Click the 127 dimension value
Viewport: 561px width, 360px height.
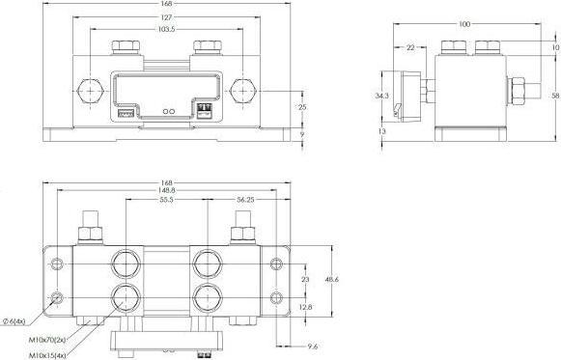click(x=166, y=17)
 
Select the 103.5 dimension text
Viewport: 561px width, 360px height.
click(x=166, y=29)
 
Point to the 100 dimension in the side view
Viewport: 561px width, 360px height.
click(x=464, y=24)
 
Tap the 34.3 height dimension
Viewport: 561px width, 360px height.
click(x=381, y=96)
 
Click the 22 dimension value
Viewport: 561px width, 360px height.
click(x=410, y=47)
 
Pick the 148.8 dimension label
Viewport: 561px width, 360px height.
click(x=166, y=190)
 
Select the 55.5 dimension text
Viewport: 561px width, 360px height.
click(x=166, y=200)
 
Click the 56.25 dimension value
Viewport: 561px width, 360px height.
click(x=245, y=200)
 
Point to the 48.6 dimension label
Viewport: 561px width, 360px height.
click(x=331, y=279)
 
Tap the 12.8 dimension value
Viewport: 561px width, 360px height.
click(x=305, y=307)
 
